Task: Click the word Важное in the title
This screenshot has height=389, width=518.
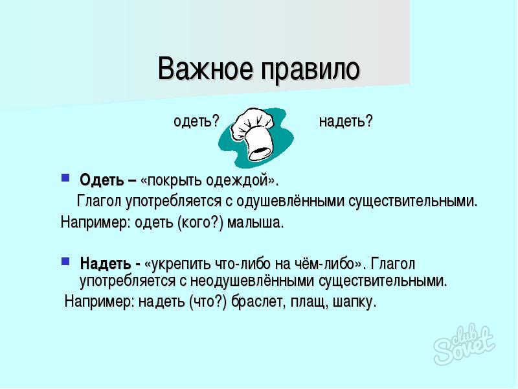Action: [205, 69]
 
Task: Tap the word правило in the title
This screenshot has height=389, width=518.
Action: [310, 71]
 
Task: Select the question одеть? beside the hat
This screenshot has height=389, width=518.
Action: [197, 121]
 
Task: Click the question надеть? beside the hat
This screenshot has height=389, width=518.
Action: [346, 121]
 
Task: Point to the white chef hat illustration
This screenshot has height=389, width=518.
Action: [254, 133]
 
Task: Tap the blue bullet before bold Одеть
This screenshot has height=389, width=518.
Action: [65, 178]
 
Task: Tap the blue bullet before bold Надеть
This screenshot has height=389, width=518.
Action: [65, 261]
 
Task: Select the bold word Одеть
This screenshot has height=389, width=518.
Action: [102, 180]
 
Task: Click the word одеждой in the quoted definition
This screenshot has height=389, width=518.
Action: [236, 181]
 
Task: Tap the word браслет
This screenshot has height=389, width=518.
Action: [258, 301]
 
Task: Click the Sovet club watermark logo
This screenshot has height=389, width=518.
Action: [464, 344]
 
